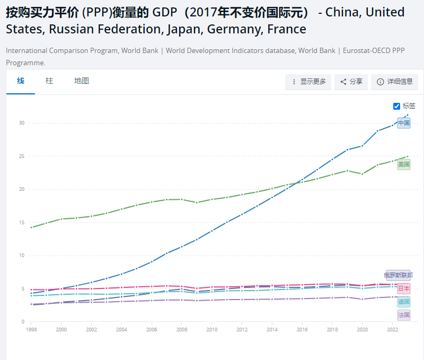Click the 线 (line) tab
coord(21,81)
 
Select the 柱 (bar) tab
coord(49,81)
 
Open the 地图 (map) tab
coord(82,81)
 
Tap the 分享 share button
coord(351,82)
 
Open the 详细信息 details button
coord(394,82)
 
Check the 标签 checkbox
coord(396,106)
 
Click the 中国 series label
coord(404,123)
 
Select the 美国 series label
coord(404,164)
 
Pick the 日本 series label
coord(404,289)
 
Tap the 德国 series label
coord(404,302)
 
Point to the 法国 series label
coord(404,315)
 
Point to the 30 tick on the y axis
coord(21,123)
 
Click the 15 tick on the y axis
coord(21,223)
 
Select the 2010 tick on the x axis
coord(212,329)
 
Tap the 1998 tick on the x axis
coord(31,329)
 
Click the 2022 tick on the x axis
coord(393,329)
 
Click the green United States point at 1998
coord(31,227)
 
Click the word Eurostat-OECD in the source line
coord(365,50)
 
